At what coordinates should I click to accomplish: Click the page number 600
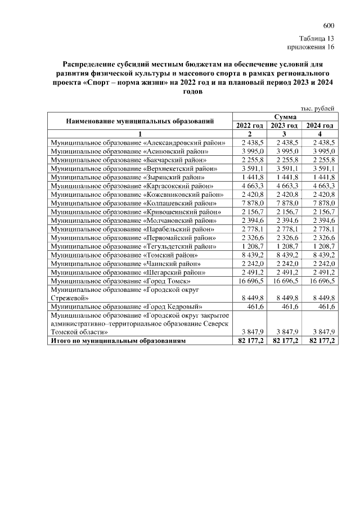pyautogui.click(x=328, y=26)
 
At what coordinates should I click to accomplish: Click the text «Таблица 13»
pyautogui.click(x=317, y=39)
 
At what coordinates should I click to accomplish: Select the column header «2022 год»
pyautogui.click(x=249, y=125)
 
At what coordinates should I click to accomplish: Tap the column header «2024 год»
pyautogui.click(x=319, y=125)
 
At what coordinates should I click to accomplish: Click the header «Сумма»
pyautogui.click(x=285, y=116)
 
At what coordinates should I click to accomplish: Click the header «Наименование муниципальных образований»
pyautogui.click(x=140, y=120)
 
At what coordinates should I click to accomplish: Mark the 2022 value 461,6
pyautogui.click(x=256, y=307)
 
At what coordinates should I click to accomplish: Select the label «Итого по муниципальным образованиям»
pyautogui.click(x=118, y=341)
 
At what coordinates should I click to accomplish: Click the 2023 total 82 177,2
pyautogui.click(x=285, y=341)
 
